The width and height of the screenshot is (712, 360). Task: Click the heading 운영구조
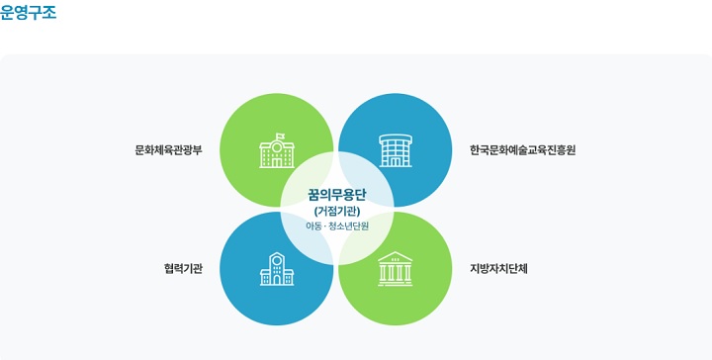pyautogui.click(x=28, y=13)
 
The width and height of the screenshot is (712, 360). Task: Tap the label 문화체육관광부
pyautogui.click(x=168, y=151)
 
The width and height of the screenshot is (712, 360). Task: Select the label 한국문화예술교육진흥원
pyautogui.click(x=522, y=151)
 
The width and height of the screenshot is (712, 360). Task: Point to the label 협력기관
pyautogui.click(x=183, y=268)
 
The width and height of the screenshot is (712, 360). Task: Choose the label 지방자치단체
pyautogui.click(x=499, y=268)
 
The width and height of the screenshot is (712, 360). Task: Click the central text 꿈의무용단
pyautogui.click(x=337, y=194)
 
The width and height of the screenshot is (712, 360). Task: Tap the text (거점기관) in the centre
pyautogui.click(x=337, y=211)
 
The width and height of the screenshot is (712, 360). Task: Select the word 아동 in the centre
pyautogui.click(x=314, y=226)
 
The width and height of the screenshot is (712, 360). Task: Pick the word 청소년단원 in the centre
pyautogui.click(x=349, y=226)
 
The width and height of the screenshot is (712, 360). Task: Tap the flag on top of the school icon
pyautogui.click(x=280, y=136)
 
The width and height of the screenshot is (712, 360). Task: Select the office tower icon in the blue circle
pyautogui.click(x=396, y=150)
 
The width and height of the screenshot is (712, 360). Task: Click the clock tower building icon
pyautogui.click(x=277, y=268)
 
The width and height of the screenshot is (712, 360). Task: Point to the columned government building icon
pyautogui.click(x=396, y=269)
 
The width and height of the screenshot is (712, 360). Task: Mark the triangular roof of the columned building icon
pyautogui.click(x=396, y=256)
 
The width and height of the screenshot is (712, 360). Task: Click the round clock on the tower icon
pyautogui.click(x=277, y=260)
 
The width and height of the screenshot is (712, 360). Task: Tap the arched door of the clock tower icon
pyautogui.click(x=277, y=279)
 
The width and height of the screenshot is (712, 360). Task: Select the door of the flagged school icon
pyautogui.click(x=277, y=162)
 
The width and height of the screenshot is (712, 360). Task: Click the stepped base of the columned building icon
pyautogui.click(x=396, y=283)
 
